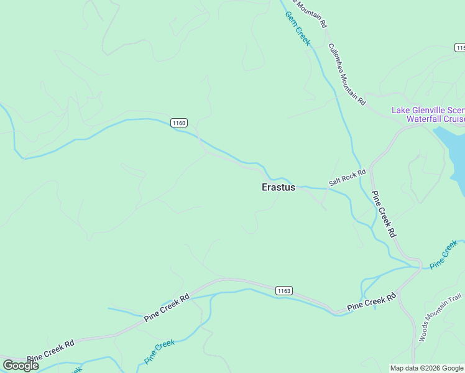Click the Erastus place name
tap(279, 187)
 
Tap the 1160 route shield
tap(179, 123)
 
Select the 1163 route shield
tap(283, 290)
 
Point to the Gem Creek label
tap(297, 27)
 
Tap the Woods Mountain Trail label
tap(433, 318)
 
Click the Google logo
tap(21, 366)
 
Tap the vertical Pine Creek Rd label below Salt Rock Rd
tap(384, 213)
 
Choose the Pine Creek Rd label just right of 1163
tap(371, 303)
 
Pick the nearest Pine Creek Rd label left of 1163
tap(167, 308)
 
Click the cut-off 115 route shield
tap(460, 48)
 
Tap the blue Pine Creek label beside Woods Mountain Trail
tap(444, 255)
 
